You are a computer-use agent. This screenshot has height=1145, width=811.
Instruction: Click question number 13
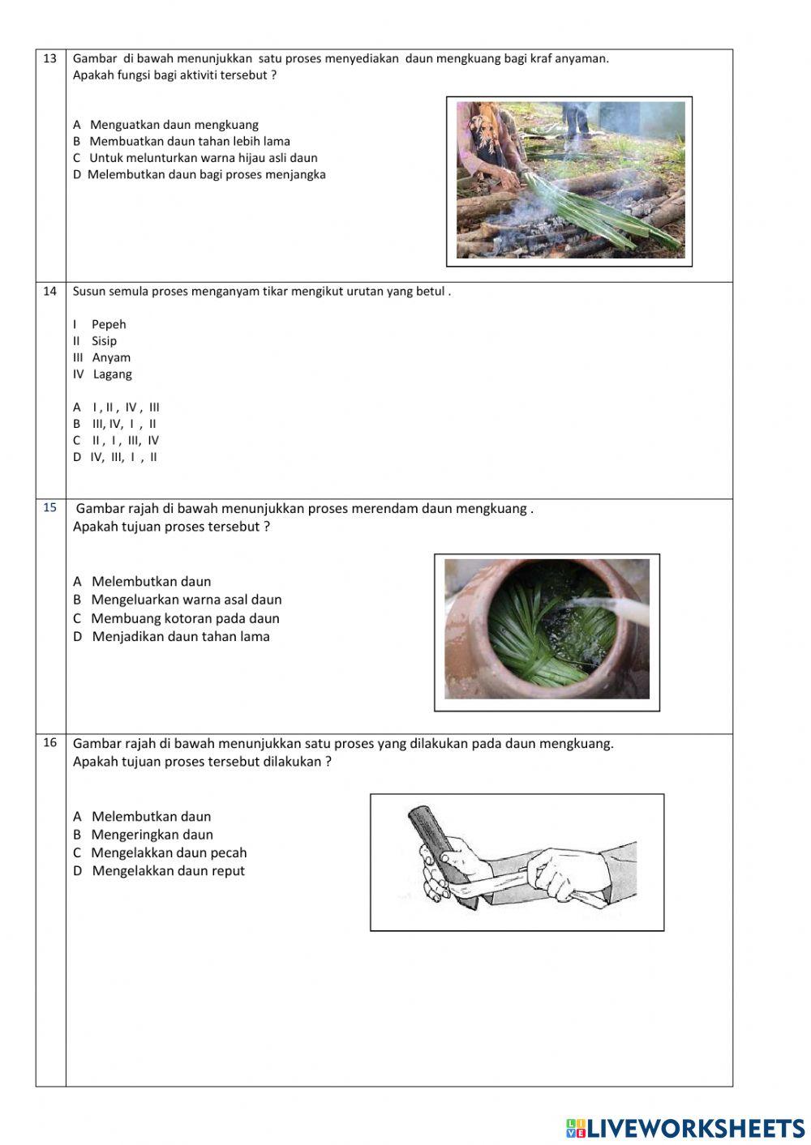[x=50, y=58]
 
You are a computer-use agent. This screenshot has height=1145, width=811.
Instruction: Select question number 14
[x=50, y=292]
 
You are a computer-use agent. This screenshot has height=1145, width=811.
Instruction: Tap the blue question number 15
[x=50, y=508]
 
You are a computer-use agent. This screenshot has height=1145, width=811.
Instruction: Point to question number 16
[x=50, y=742]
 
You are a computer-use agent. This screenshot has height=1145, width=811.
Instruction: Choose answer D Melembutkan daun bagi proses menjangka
[x=199, y=174]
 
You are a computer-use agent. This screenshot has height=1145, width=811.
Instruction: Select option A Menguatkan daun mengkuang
[x=165, y=125]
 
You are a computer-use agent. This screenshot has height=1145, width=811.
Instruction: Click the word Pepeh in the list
[x=109, y=324]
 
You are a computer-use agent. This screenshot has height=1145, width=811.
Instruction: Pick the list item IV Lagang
[x=102, y=374]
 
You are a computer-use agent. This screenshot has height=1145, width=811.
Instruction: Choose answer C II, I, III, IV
[x=116, y=441]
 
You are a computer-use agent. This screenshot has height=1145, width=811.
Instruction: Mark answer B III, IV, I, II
[x=115, y=424]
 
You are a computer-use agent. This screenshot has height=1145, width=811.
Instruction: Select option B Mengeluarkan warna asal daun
[x=178, y=600]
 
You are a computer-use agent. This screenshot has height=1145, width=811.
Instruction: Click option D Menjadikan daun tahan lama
[x=171, y=637]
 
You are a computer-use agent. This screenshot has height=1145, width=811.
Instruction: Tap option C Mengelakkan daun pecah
[x=160, y=853]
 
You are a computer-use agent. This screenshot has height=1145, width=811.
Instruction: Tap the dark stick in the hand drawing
[x=430, y=835]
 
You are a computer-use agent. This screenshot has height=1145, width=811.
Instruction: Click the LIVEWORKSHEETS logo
[x=685, y=1128]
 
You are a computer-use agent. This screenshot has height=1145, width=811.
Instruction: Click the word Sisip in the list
[x=104, y=341]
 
